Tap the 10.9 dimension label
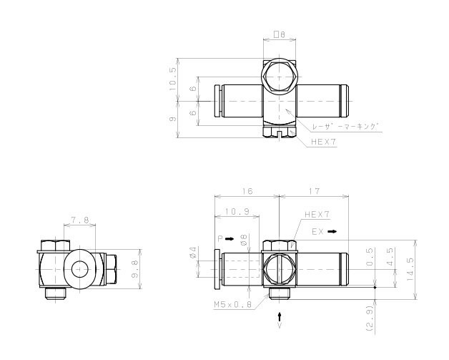click(x=237, y=212)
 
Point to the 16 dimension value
click(x=247, y=191)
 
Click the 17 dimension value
click(x=315, y=191)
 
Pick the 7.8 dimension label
click(x=80, y=220)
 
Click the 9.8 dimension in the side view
click(x=135, y=269)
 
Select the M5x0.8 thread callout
click(x=233, y=304)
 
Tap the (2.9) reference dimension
click(x=370, y=318)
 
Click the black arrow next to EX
click(x=332, y=232)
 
